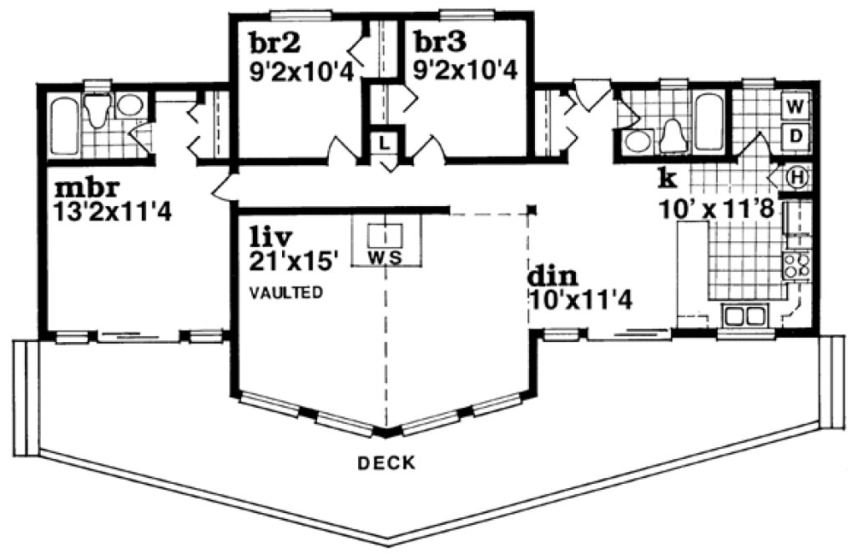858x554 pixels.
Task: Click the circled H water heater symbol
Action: click(798, 177)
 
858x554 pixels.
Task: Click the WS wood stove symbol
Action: click(385, 244)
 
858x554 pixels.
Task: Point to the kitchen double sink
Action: click(744, 316)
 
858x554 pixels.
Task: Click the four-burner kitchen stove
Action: click(795, 264)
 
